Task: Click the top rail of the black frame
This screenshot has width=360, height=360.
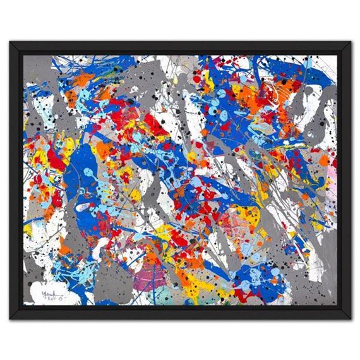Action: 180,48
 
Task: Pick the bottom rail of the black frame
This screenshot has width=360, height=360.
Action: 180,313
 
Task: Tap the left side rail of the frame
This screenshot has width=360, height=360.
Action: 16,180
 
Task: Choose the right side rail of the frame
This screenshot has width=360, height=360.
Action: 344,180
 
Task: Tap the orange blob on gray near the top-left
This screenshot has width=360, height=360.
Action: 82,79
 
